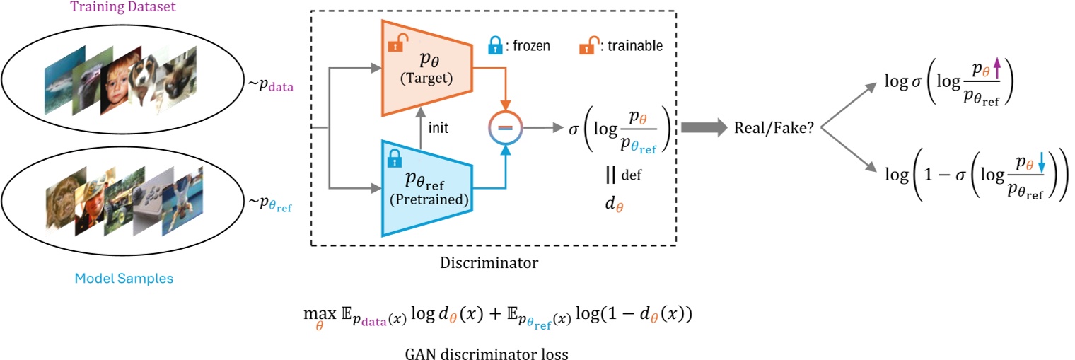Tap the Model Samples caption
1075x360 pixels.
tap(124, 278)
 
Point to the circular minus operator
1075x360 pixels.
tap(506, 128)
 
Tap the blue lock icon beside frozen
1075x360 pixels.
tap(496, 46)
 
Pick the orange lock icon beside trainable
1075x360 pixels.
tap(586, 46)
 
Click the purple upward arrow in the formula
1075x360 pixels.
tap(997, 69)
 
